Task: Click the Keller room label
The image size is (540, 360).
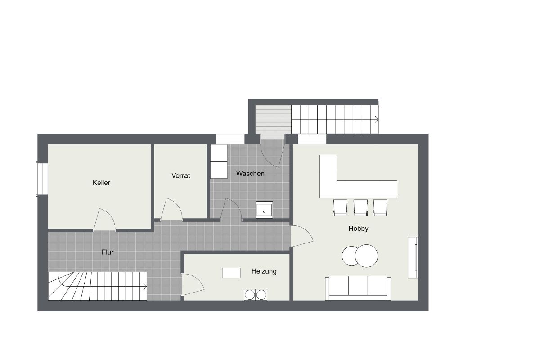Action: pyautogui.click(x=101, y=183)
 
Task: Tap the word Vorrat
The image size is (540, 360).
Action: pyautogui.click(x=180, y=175)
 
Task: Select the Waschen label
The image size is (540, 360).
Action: pyautogui.click(x=250, y=174)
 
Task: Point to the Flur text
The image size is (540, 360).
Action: pyautogui.click(x=108, y=252)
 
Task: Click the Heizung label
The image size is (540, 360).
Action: pyautogui.click(x=264, y=271)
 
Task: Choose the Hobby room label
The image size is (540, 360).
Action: pyautogui.click(x=358, y=229)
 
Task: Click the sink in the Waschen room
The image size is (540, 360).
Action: pyautogui.click(x=264, y=210)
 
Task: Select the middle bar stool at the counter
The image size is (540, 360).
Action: pyautogui.click(x=360, y=207)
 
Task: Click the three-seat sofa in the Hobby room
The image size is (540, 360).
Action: pyautogui.click(x=358, y=288)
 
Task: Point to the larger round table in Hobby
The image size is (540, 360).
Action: pyautogui.click(x=366, y=256)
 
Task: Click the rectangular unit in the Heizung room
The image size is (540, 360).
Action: pyautogui.click(x=231, y=273)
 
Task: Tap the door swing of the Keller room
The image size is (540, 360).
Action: pyautogui.click(x=104, y=220)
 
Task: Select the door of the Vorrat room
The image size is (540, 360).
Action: pyautogui.click(x=171, y=209)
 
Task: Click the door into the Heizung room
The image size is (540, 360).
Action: pyautogui.click(x=193, y=284)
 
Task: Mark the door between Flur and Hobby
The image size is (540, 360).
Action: pyautogui.click(x=302, y=236)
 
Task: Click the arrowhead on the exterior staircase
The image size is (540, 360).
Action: pyautogui.click(x=377, y=119)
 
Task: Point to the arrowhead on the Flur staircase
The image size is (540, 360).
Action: pyautogui.click(x=145, y=287)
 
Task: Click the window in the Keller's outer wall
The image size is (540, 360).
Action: pyautogui.click(x=42, y=179)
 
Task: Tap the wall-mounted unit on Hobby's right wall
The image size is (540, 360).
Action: pyautogui.click(x=413, y=257)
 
